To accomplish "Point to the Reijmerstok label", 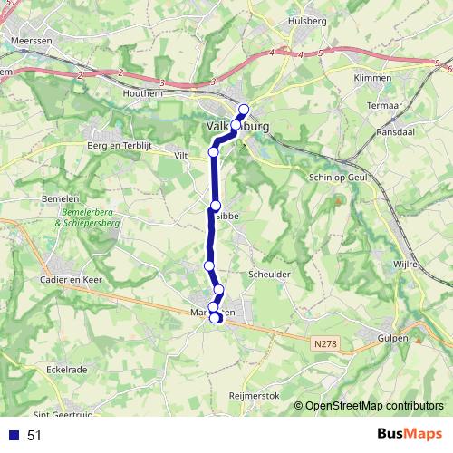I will (256, 396).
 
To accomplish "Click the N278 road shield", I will (329, 342).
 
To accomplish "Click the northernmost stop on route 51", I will (243, 109).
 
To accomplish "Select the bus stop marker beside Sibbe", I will (217, 206).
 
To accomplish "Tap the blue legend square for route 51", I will (14, 435).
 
